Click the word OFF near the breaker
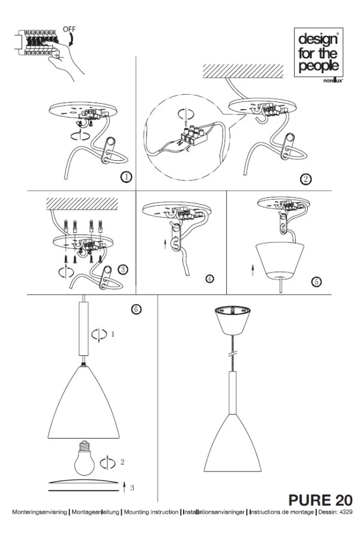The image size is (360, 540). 69,29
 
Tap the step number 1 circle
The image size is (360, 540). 127,177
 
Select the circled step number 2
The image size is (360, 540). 305,179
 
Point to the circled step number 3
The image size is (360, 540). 123,269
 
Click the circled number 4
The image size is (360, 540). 210,278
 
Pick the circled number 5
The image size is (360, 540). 316,282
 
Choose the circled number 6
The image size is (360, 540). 136,309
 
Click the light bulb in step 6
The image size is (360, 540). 84,458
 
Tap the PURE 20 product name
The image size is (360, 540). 320,500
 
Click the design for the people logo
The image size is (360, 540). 319,52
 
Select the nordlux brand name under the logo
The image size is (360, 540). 333,81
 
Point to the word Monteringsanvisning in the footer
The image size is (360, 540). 39,512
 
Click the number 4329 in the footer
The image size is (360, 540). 346,512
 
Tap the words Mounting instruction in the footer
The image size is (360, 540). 151,512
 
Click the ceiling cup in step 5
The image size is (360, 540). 280,260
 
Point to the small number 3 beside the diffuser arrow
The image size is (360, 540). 132,488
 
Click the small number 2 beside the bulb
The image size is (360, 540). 122,462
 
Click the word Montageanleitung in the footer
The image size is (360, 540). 95,512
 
